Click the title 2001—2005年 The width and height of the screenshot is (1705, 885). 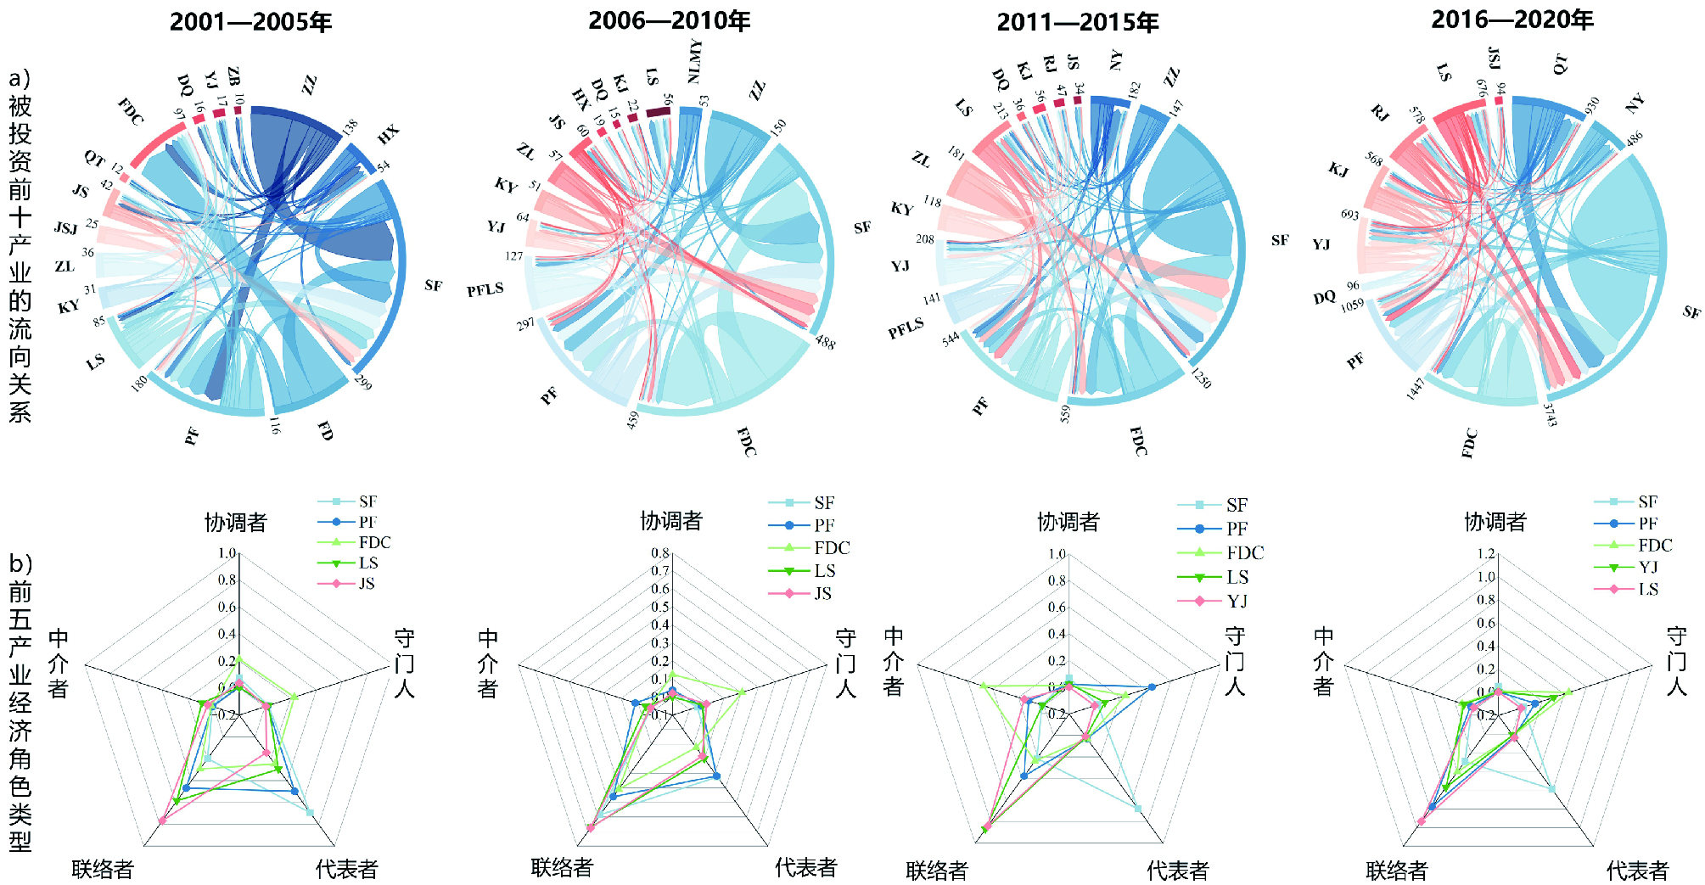(x=250, y=22)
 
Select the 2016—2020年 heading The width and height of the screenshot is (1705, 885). (x=1512, y=20)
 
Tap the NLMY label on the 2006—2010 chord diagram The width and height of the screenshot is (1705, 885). (x=695, y=61)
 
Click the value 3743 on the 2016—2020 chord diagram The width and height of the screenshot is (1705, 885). (x=1550, y=414)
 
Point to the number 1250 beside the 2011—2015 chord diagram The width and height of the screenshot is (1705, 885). (x=1201, y=377)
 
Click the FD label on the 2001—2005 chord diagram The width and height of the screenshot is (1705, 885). (x=326, y=431)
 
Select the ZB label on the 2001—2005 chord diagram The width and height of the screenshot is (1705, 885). (x=233, y=76)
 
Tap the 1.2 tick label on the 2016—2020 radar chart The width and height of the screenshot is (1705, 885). (x=1485, y=554)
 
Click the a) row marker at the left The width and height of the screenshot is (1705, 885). (x=20, y=78)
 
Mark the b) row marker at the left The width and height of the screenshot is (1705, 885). (x=20, y=563)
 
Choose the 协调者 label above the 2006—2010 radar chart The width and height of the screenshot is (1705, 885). (x=670, y=521)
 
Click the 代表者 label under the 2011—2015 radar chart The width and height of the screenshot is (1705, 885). (x=1177, y=871)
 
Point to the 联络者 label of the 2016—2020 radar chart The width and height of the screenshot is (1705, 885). (x=1396, y=871)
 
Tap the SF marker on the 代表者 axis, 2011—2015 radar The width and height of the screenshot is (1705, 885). (x=1137, y=808)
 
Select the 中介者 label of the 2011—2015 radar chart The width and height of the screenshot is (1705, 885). (x=893, y=662)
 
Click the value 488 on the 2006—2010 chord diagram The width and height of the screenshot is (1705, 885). (x=825, y=342)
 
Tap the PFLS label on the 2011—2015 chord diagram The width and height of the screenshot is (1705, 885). (x=906, y=328)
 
